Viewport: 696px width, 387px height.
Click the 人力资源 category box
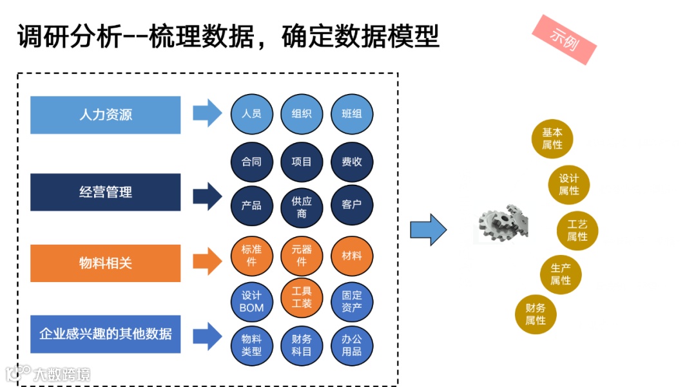(x=106, y=115)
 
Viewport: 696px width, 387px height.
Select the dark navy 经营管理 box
(x=106, y=192)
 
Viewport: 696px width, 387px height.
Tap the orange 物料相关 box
(x=106, y=263)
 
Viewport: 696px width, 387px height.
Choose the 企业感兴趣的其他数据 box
(x=106, y=334)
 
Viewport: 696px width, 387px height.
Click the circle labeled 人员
(x=251, y=114)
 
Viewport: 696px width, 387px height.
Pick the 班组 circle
(x=352, y=114)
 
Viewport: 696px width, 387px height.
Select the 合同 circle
(x=251, y=162)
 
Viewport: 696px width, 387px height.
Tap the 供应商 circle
(x=302, y=207)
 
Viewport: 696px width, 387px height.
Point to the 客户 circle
(x=352, y=205)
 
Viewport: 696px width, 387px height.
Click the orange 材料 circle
(x=352, y=256)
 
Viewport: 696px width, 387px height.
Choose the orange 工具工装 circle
(x=302, y=297)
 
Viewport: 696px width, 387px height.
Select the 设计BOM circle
(x=251, y=301)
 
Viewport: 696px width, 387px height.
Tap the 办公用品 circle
(x=352, y=345)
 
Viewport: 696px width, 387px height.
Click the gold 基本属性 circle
(x=552, y=138)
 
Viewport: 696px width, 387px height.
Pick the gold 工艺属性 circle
(x=577, y=230)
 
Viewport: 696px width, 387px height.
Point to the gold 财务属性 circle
(x=536, y=314)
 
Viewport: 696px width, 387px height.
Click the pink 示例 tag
(x=565, y=39)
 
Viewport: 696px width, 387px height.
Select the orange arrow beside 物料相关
(x=207, y=261)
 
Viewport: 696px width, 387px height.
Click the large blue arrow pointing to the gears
(x=429, y=229)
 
